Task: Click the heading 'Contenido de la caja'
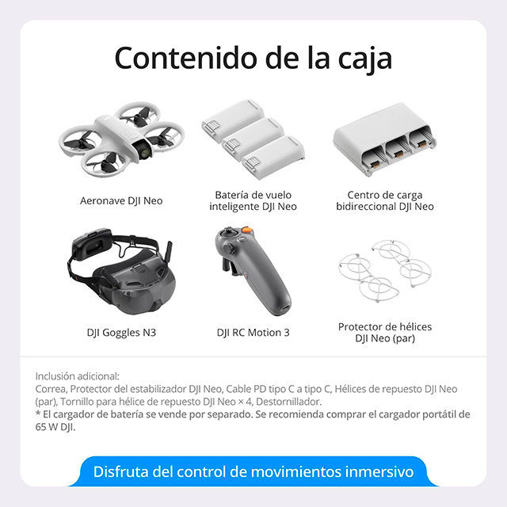[x=253, y=59]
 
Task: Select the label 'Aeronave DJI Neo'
[x=121, y=200]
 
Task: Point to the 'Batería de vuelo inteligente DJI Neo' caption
[x=253, y=200]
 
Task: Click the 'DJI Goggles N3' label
[x=121, y=332]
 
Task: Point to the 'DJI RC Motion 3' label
[x=253, y=332]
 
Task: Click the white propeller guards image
[x=384, y=273]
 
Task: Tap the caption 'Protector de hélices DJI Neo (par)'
[x=385, y=332]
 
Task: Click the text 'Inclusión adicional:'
[x=78, y=377]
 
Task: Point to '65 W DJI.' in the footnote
[x=61, y=426]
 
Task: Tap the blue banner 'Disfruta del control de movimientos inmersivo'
[x=253, y=472]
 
